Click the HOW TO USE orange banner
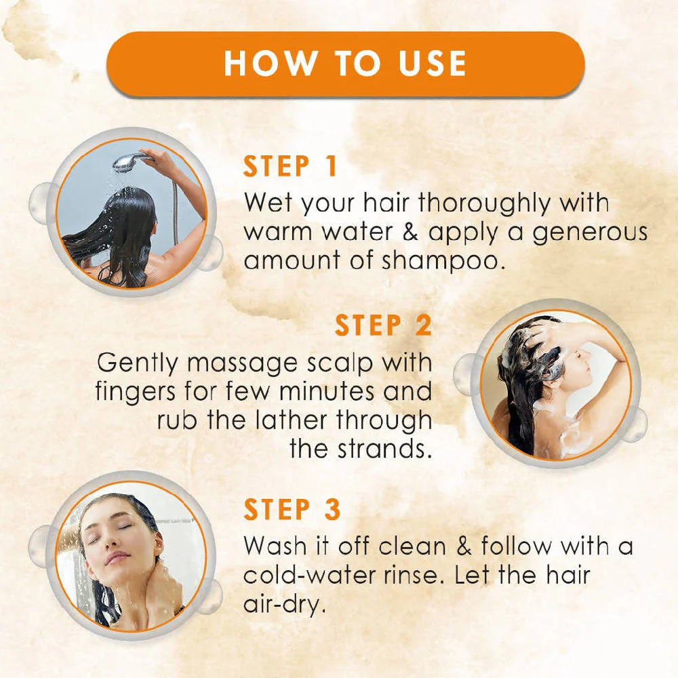346,63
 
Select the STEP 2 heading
383,325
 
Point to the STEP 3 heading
292,510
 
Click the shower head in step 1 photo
126,161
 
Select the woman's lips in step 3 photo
117,559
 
